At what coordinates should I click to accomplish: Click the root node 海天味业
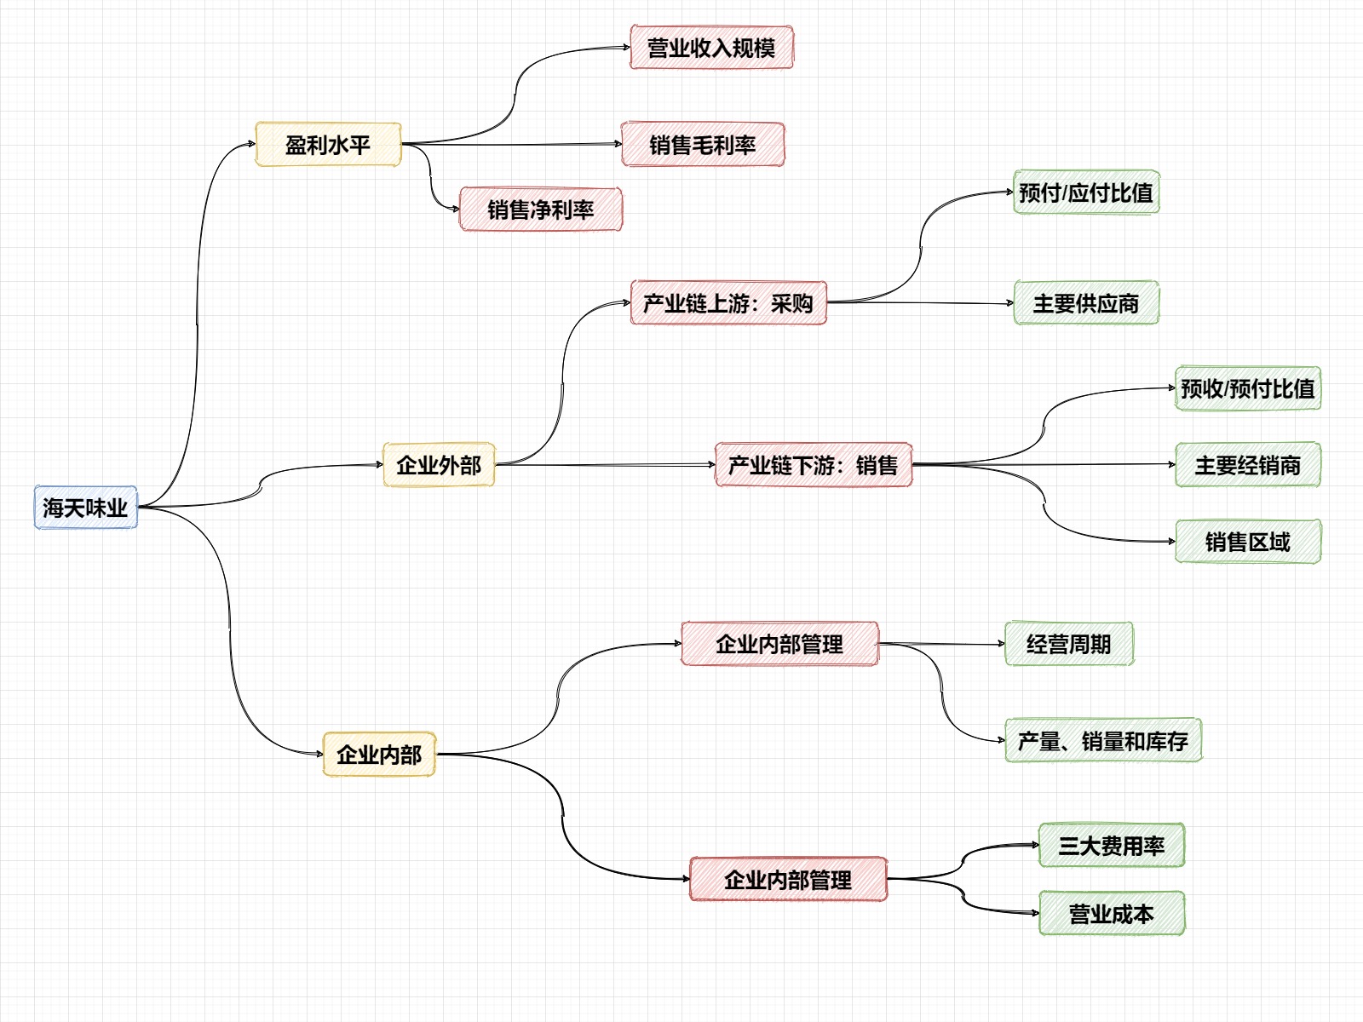coord(85,508)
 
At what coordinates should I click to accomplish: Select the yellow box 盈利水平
coord(328,145)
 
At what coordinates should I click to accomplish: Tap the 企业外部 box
coord(439,465)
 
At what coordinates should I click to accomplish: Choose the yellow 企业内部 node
coord(379,755)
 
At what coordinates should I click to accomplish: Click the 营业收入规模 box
coord(711,48)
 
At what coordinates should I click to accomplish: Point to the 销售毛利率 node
coord(703,145)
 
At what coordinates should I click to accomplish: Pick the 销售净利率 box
coord(541,210)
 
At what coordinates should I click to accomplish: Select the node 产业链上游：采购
coord(728,303)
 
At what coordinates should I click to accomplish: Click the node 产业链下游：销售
coord(814,465)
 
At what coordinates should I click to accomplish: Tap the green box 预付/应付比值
coord(1086,192)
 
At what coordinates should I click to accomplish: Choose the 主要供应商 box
coord(1086,303)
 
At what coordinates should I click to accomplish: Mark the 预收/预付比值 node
coord(1248,388)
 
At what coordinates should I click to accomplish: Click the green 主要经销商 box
coord(1248,465)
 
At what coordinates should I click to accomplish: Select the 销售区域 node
coord(1248,542)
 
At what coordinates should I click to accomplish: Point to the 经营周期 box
coord(1069,644)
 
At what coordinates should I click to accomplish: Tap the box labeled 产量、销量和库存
coord(1103,741)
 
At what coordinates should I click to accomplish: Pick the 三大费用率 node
coord(1112,846)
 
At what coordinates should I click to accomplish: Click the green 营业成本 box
coord(1112,914)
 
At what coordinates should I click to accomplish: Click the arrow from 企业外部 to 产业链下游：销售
coord(605,465)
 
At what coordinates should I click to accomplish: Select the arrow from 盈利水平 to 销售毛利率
coord(511,144)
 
